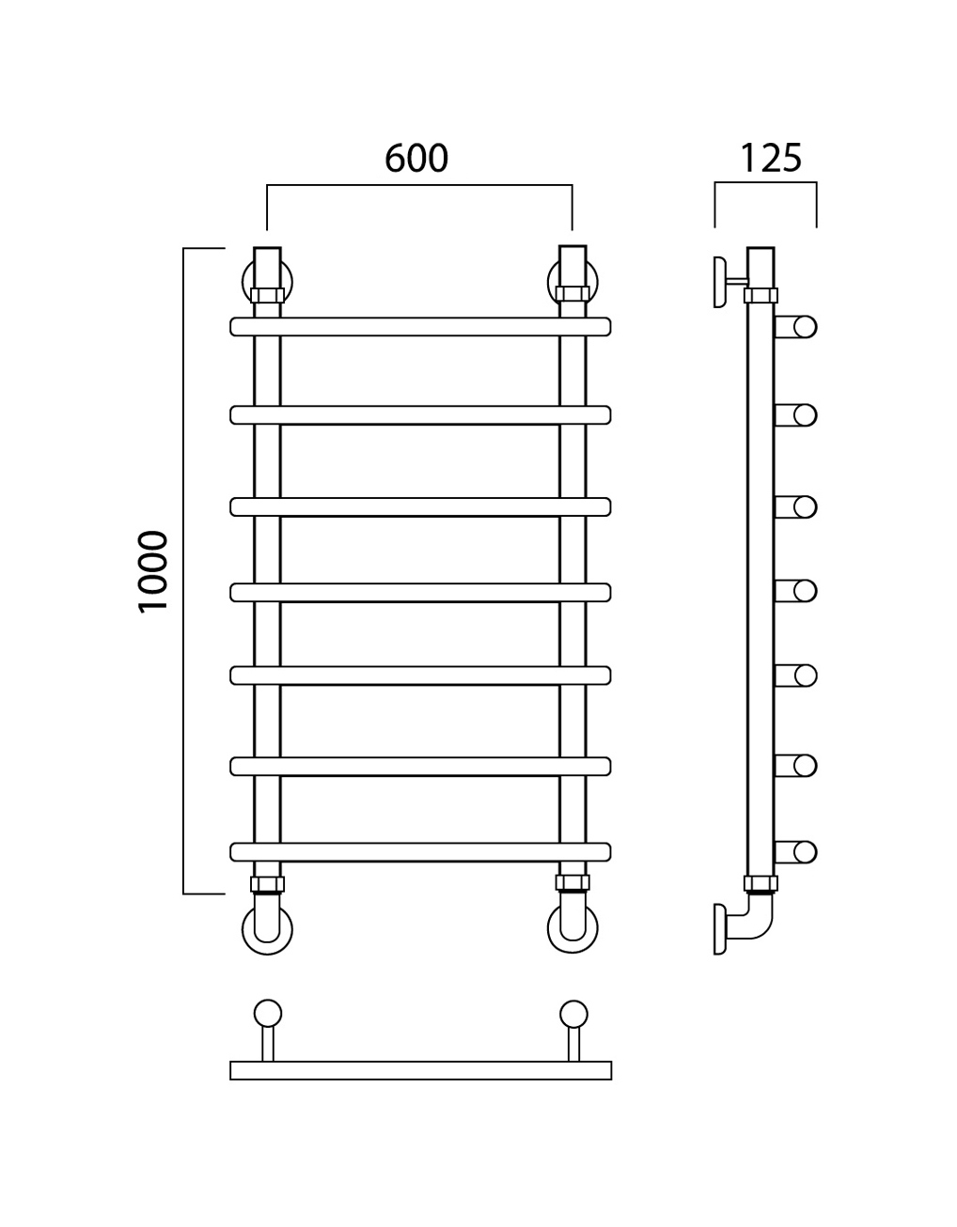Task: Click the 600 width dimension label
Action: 416,158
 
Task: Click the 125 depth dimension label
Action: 771,158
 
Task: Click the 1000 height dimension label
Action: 153,571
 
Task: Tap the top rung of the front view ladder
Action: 420,327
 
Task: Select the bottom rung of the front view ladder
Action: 420,852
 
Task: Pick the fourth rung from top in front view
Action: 420,592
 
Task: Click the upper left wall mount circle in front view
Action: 244,282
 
